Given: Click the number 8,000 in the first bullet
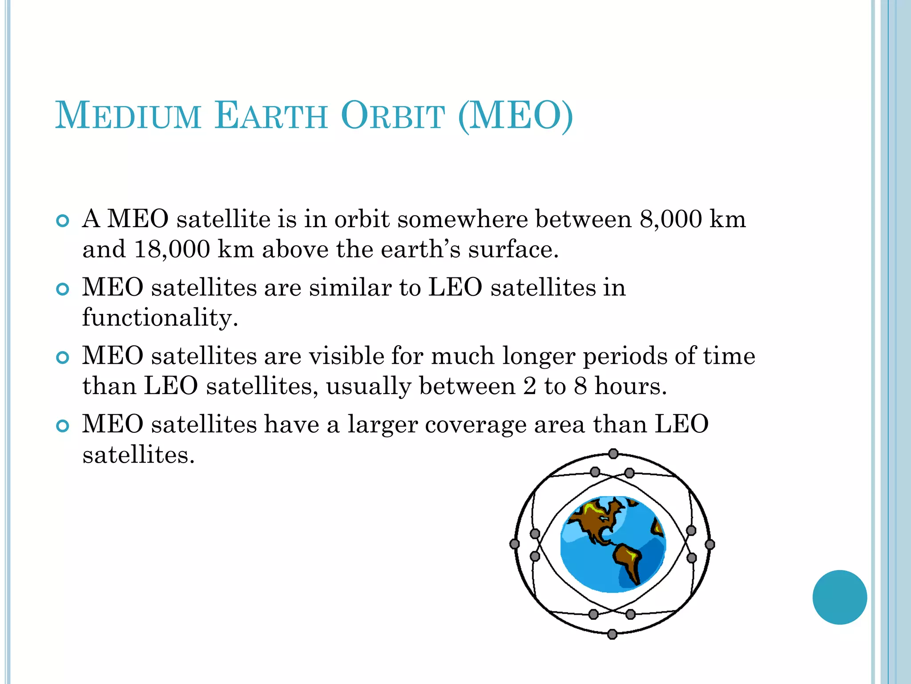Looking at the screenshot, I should tap(671, 219).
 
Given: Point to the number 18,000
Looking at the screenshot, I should tap(172, 249).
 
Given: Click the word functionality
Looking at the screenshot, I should tap(160, 318).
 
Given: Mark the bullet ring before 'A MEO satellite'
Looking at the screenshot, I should tap(63, 221).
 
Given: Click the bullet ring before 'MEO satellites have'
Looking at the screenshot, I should tap(63, 426).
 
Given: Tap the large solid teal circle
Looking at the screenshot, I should tap(839, 597).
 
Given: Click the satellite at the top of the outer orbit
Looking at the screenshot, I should tap(613, 454).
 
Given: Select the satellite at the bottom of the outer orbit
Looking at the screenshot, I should tap(613, 634).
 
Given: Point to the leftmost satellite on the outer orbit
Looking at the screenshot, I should tap(515, 544).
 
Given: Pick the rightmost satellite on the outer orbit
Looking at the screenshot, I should tap(710, 544).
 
